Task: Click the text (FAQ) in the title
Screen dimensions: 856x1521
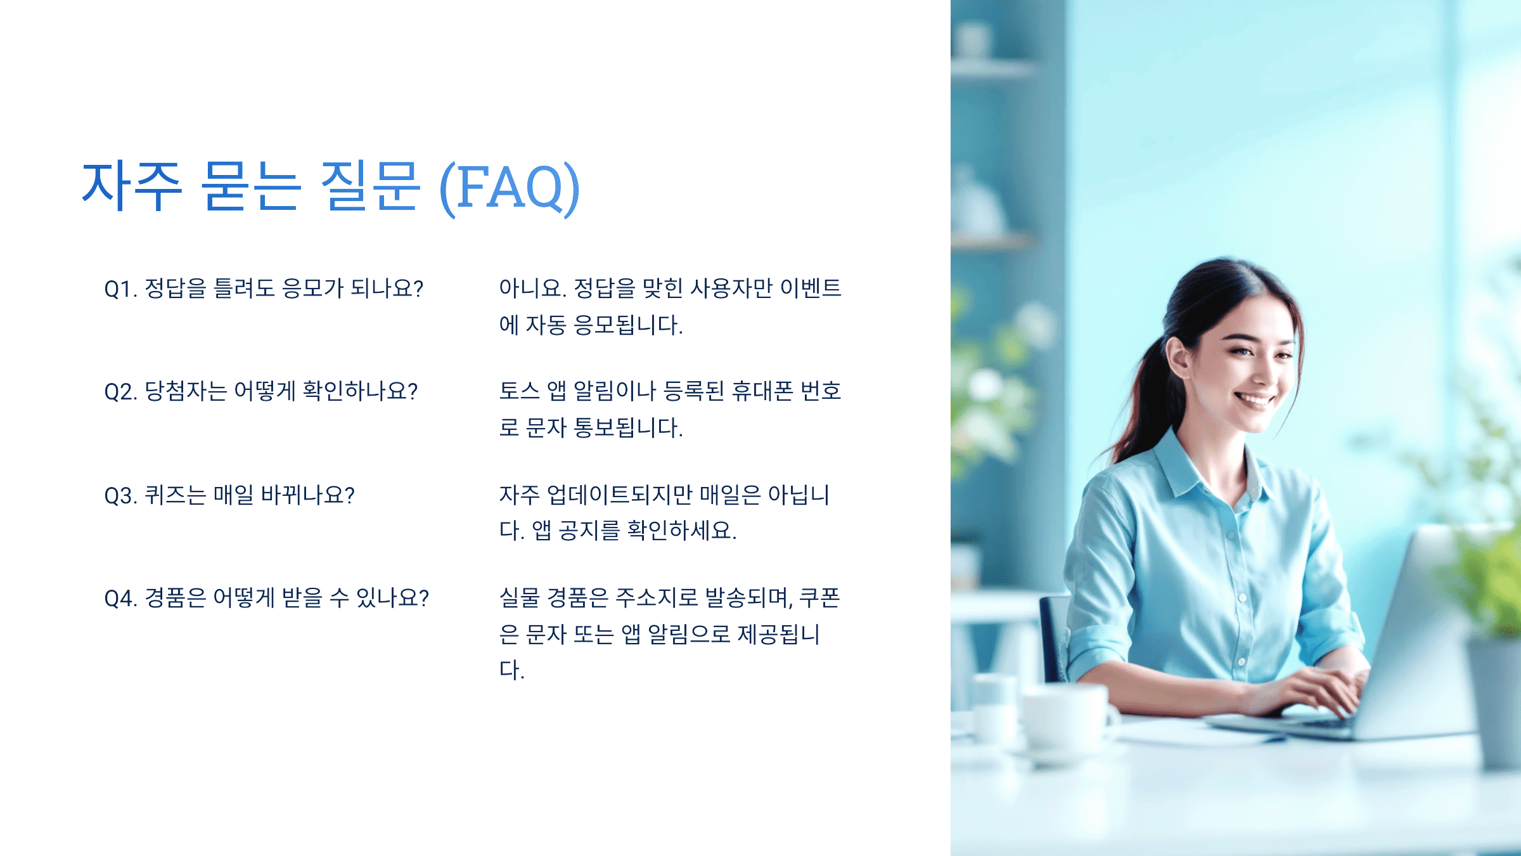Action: pyautogui.click(x=510, y=186)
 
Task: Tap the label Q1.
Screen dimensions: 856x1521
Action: pyautogui.click(x=120, y=289)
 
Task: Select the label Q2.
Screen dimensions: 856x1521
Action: pyautogui.click(x=120, y=392)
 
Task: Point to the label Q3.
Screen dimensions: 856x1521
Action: pyautogui.click(x=120, y=495)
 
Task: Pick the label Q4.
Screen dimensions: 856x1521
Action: pyautogui.click(x=120, y=598)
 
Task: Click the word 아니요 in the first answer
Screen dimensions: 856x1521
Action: pyautogui.click(x=532, y=289)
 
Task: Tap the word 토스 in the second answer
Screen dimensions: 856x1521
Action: pyautogui.click(x=518, y=391)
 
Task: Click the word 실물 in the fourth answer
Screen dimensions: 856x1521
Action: pyautogui.click(x=518, y=597)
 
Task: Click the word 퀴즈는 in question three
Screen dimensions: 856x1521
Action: pyautogui.click(x=175, y=495)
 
